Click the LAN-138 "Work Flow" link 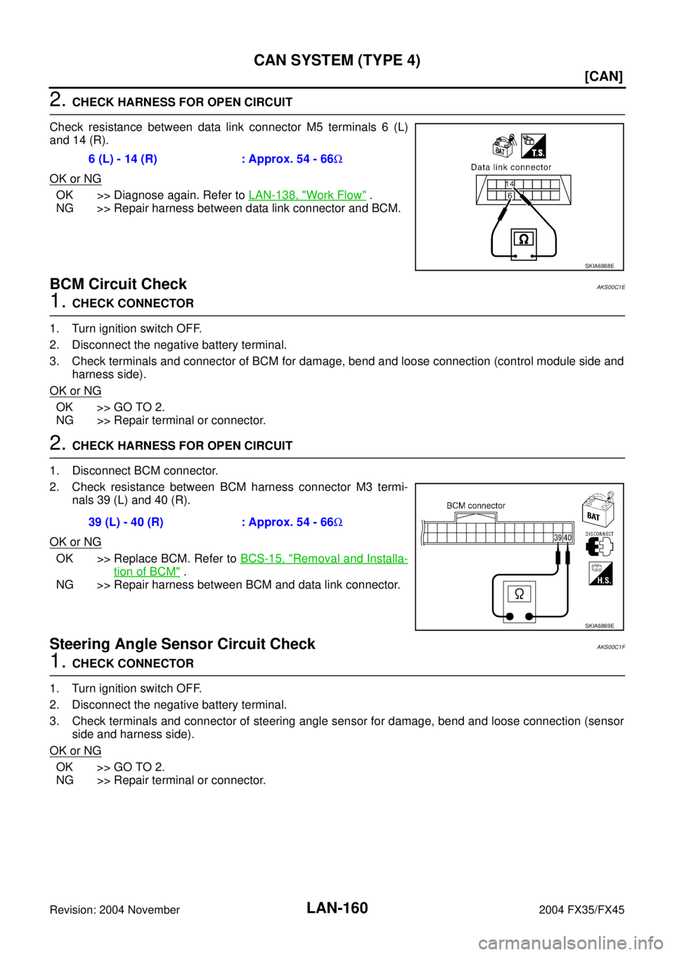[x=307, y=196]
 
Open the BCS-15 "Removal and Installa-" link [x=324, y=558]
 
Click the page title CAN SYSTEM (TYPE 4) [x=337, y=60]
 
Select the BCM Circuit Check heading [x=118, y=284]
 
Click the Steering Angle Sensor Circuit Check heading [x=182, y=643]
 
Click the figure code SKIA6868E [x=599, y=266]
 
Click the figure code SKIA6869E [x=599, y=626]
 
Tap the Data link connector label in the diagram [x=511, y=167]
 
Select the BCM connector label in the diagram [x=475, y=506]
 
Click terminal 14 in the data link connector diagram [x=510, y=184]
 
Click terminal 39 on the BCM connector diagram [x=558, y=537]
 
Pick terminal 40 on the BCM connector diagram [x=567, y=537]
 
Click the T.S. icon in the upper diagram [x=534, y=146]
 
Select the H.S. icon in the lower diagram [x=600, y=573]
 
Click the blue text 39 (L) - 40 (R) [x=126, y=523]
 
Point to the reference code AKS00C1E [x=610, y=288]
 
